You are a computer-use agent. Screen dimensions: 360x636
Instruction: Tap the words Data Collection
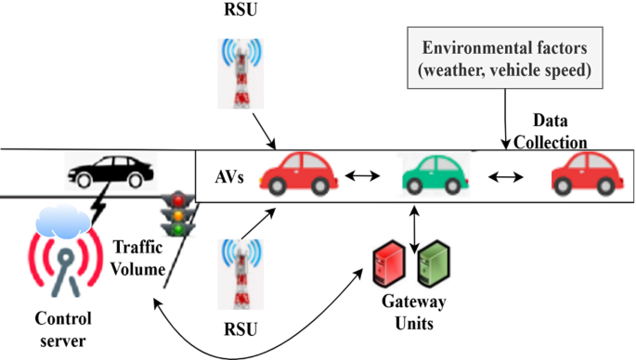coord(558,132)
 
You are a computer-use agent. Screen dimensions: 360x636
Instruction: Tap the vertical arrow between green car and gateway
coord(411,223)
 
